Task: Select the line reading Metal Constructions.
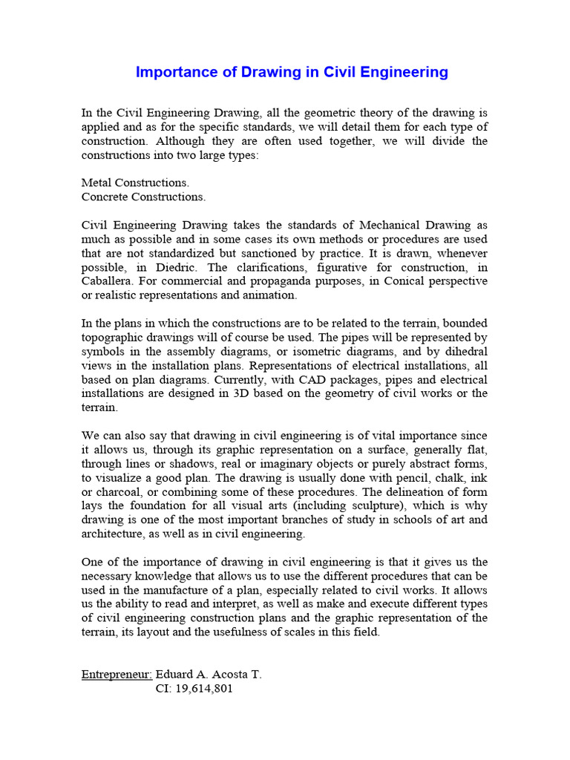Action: tap(135, 183)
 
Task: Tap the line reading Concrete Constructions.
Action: tap(143, 197)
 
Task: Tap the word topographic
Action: tap(114, 337)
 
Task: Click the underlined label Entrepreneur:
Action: tap(117, 675)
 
